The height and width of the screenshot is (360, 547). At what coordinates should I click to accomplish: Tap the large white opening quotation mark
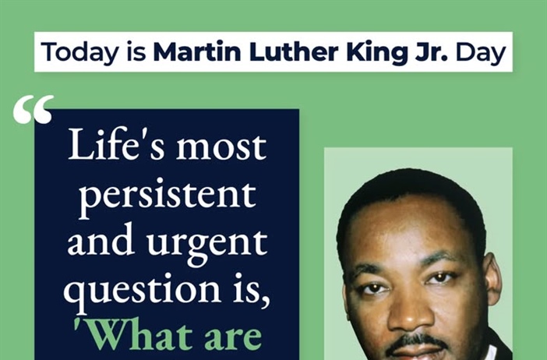coord(34,110)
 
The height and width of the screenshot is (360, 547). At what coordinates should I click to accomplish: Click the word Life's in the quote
coord(116,146)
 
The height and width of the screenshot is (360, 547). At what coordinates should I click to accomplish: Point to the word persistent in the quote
coord(167,195)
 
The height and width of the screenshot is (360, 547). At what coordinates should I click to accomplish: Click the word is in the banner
coord(131,51)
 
